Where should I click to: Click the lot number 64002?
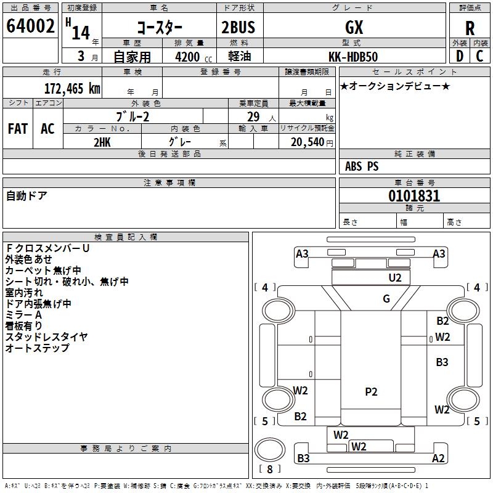tap(30, 26)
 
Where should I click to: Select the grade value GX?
tap(354, 27)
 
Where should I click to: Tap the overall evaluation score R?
tap(470, 28)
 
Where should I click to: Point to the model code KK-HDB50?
tap(353, 57)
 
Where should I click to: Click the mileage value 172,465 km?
tap(72, 88)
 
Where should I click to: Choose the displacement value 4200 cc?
tap(194, 57)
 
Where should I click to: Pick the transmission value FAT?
tap(18, 129)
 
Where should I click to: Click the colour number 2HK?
tap(102, 142)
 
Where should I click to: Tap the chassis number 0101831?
tap(414, 196)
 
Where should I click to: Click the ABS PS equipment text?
tap(362, 166)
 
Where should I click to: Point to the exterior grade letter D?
tap(460, 56)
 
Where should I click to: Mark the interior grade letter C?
tap(479, 56)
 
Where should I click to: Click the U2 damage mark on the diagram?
tap(395, 278)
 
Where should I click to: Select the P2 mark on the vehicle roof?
tap(371, 392)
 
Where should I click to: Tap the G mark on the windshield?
tap(386, 298)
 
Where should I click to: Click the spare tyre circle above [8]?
tap(270, 450)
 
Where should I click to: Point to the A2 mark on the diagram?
tap(438, 458)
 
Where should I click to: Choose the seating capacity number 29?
tap(253, 117)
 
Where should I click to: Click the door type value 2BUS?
tap(238, 27)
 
